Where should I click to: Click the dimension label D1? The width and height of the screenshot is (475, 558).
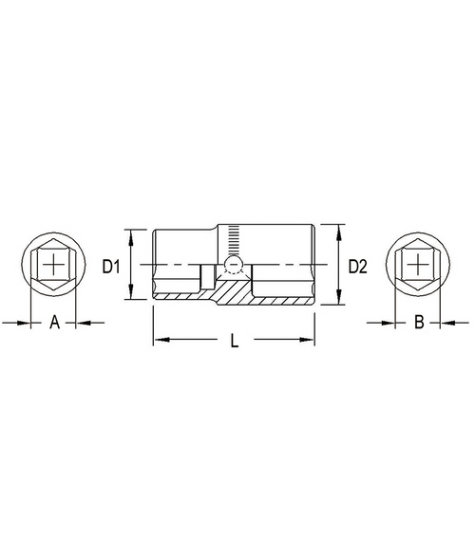point(111,267)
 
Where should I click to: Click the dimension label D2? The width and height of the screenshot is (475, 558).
point(357,267)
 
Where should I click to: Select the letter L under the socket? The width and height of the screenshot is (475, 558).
point(234,340)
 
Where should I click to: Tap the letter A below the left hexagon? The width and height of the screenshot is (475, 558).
point(54,322)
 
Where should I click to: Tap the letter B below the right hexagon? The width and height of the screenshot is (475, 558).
point(419,322)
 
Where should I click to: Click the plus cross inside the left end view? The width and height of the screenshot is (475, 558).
point(53,264)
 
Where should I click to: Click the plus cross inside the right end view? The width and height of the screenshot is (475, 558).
point(417,264)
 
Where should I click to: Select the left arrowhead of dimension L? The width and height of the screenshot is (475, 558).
point(161,340)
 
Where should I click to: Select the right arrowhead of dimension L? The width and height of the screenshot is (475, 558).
point(307,340)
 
